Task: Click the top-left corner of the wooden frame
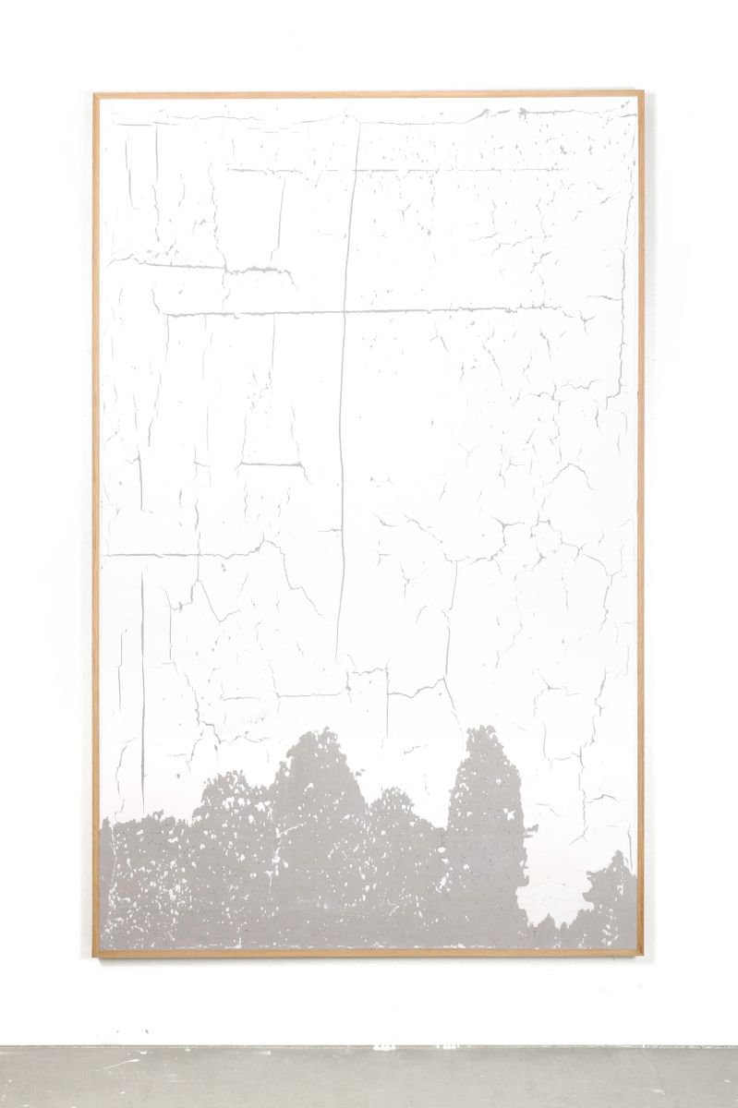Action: pyautogui.click(x=95, y=94)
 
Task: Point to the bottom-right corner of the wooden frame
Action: pyautogui.click(x=641, y=954)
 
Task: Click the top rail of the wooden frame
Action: pyautogui.click(x=369, y=94)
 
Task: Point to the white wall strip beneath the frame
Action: pyautogui.click(x=369, y=1002)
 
